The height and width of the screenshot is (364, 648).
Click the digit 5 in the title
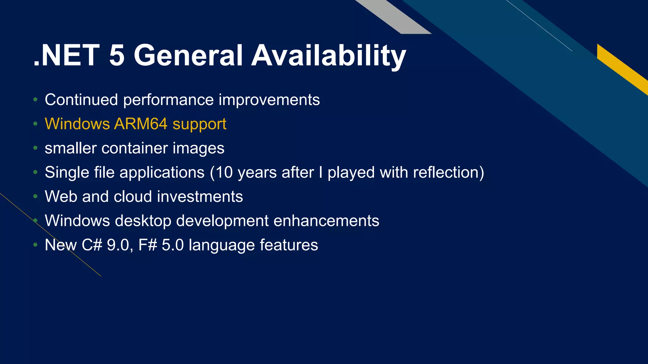coord(117,56)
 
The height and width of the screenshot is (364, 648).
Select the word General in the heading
coord(188,56)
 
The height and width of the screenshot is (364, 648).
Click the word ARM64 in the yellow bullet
coord(140,124)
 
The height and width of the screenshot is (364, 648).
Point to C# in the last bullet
coord(92,245)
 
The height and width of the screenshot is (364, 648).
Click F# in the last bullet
coord(148,245)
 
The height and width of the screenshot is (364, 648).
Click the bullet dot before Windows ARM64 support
coord(35,124)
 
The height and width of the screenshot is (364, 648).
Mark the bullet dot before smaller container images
coord(35,148)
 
